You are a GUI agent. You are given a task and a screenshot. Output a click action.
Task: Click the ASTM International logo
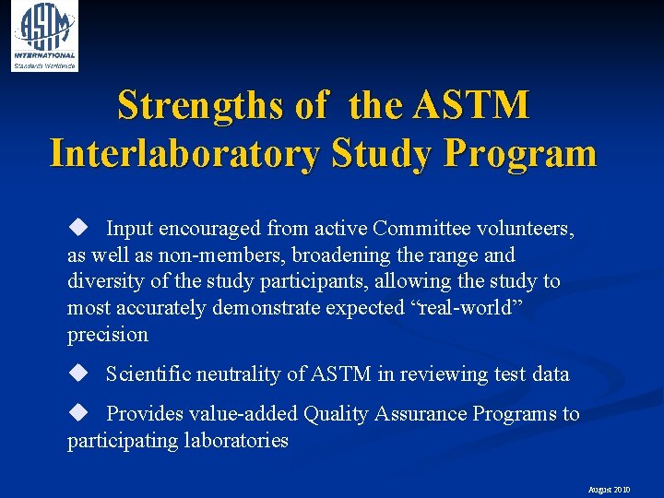44,35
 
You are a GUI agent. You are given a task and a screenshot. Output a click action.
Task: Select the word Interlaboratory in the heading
180,153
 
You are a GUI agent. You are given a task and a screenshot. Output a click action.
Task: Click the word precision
107,335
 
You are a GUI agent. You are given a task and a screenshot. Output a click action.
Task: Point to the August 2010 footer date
609,490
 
